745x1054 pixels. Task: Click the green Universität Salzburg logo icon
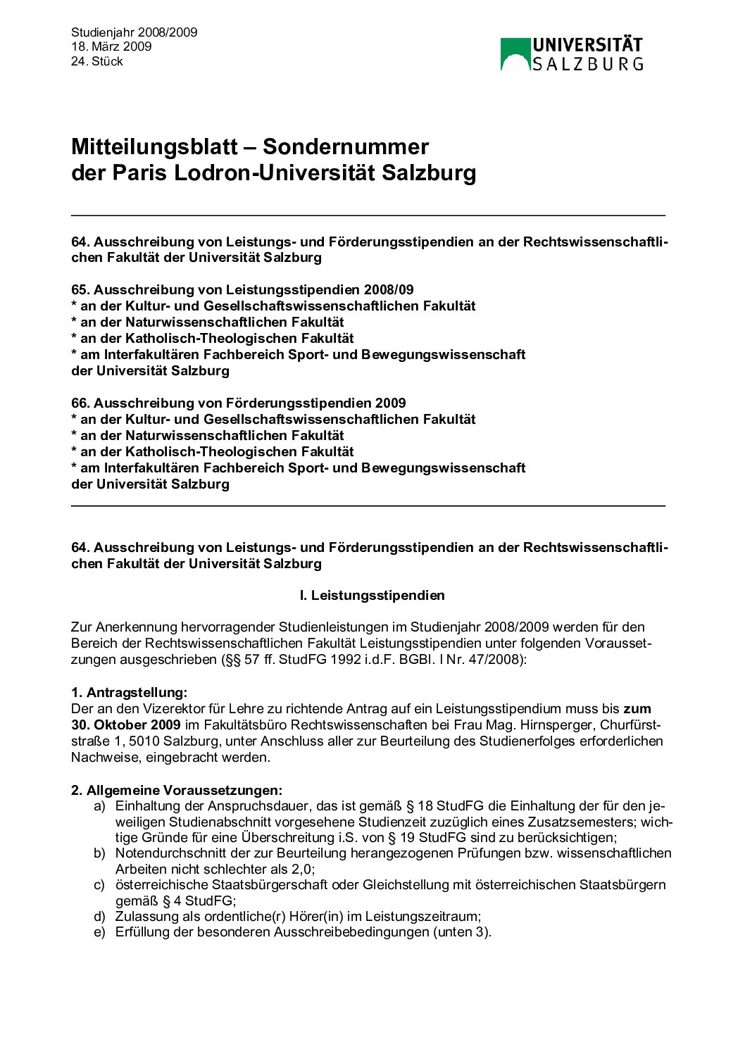pos(515,54)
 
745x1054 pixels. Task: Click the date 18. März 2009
pos(111,46)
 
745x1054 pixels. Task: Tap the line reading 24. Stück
pos(97,61)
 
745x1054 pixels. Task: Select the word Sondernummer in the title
pos(346,146)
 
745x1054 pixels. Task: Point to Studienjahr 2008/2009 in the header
pos(134,32)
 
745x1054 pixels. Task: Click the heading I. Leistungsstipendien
pos(372,596)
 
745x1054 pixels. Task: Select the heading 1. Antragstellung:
pos(130,693)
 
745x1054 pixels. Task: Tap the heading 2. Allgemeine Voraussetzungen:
pos(177,791)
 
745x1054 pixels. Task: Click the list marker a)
pos(99,806)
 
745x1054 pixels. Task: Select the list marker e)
pos(99,932)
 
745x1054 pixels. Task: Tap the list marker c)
pos(99,885)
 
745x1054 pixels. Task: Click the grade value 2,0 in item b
pos(301,870)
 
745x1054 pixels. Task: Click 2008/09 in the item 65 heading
pos(389,290)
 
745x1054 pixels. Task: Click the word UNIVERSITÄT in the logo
pos(587,46)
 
